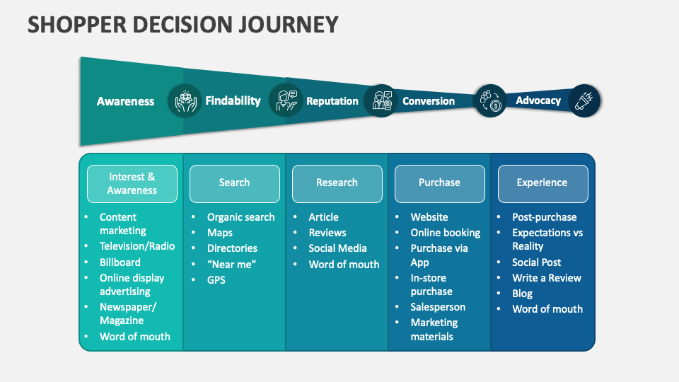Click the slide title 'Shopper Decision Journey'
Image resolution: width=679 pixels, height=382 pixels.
pyautogui.click(x=182, y=25)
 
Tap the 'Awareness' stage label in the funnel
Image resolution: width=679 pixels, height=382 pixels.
pyautogui.click(x=125, y=101)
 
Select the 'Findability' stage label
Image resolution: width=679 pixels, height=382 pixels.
pyautogui.click(x=233, y=100)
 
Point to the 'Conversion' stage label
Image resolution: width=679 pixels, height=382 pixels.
pyautogui.click(x=428, y=101)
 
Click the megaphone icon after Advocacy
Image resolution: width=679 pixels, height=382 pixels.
pyautogui.click(x=584, y=100)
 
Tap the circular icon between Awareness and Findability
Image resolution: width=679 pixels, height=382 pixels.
pyautogui.click(x=185, y=100)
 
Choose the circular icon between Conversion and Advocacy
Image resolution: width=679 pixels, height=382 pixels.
pyautogui.click(x=489, y=100)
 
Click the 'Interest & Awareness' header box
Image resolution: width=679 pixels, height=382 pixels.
pyautogui.click(x=132, y=183)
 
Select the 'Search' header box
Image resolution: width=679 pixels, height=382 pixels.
pyautogui.click(x=234, y=183)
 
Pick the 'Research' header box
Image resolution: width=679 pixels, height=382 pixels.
pyautogui.click(x=337, y=183)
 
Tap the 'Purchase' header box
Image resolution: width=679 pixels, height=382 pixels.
pyautogui.click(x=439, y=183)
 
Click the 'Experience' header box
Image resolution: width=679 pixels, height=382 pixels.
pyautogui.click(x=542, y=183)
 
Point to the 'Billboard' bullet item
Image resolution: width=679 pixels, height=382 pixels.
pyautogui.click(x=120, y=262)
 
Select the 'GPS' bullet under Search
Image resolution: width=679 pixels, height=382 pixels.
pyautogui.click(x=216, y=279)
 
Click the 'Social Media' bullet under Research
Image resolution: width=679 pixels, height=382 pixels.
pyautogui.click(x=337, y=248)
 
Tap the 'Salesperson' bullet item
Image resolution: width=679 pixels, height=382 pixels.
pyautogui.click(x=438, y=307)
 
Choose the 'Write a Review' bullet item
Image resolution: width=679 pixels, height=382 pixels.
pyautogui.click(x=546, y=278)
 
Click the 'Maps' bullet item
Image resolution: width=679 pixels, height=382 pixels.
pyautogui.click(x=219, y=233)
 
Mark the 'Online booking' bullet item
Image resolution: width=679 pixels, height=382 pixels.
pyautogui.click(x=445, y=233)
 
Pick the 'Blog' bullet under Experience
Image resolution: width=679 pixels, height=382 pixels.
pyautogui.click(x=522, y=294)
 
